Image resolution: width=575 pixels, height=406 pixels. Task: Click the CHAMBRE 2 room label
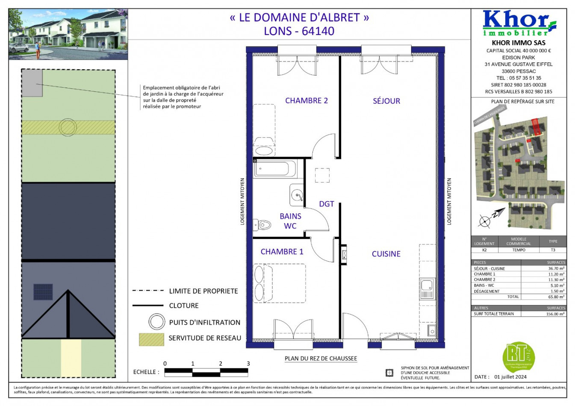306,101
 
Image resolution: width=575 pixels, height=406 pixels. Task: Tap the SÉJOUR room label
386,101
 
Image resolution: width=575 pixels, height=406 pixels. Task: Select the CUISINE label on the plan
386,254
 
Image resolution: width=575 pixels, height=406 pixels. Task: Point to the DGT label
326,204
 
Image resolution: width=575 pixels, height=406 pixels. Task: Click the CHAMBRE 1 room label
282,252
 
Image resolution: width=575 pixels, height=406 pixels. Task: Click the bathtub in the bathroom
275,169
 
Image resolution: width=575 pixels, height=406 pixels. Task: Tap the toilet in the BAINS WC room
262,224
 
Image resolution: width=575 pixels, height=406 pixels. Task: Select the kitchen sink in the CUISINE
427,288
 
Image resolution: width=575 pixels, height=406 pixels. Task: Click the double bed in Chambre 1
280,283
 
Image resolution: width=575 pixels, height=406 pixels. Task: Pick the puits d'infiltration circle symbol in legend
156,322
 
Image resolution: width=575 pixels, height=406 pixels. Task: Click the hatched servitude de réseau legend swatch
151,339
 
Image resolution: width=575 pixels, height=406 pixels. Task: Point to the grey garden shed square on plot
32,83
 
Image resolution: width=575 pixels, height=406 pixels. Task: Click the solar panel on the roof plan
43,292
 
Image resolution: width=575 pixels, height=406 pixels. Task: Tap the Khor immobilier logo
519,24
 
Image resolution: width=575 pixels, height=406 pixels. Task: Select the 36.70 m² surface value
556,269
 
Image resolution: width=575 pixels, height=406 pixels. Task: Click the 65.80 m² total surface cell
556,297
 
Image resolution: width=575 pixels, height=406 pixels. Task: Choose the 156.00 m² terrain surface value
556,314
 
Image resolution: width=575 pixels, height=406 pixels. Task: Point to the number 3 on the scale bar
248,364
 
